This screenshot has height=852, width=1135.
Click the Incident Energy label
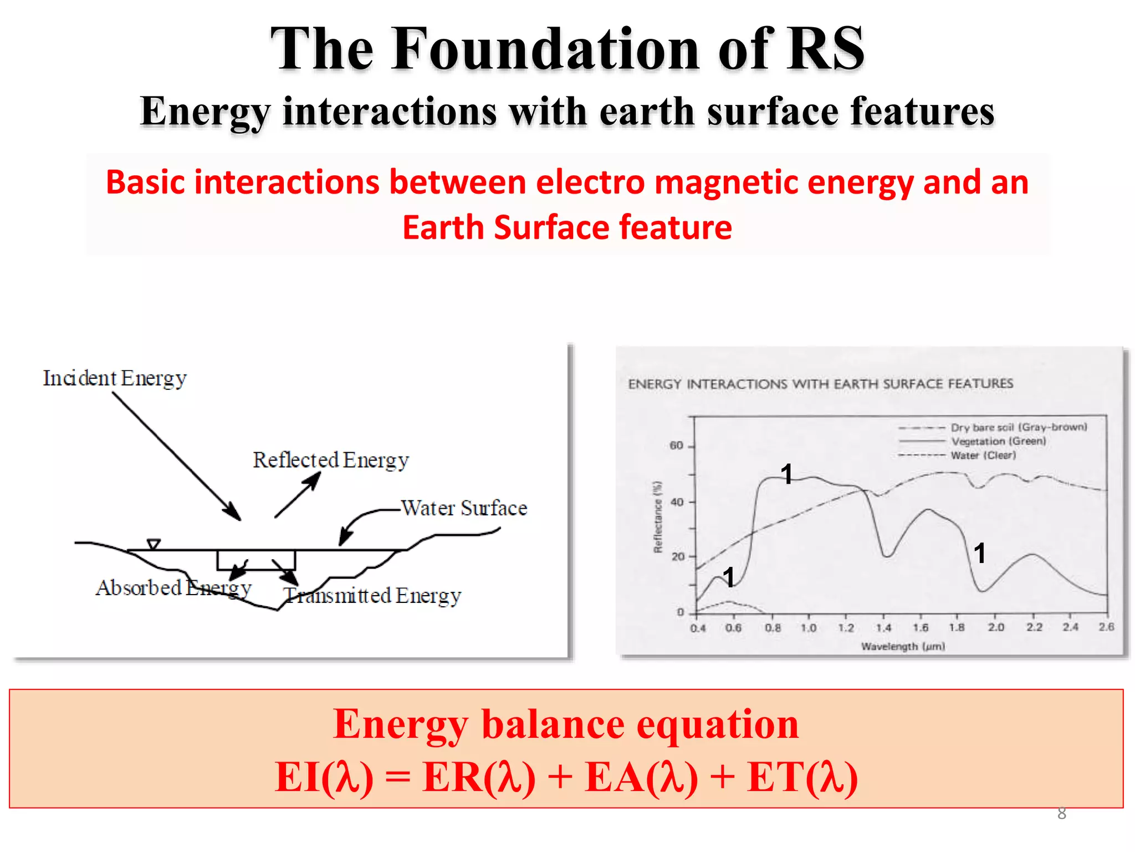click(115, 378)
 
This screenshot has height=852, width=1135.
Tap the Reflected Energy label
click(331, 460)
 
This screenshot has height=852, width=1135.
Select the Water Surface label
click(464, 508)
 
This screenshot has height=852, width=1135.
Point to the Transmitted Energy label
click(372, 595)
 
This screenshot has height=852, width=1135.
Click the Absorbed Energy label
click(173, 587)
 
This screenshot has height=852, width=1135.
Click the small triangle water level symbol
click(154, 544)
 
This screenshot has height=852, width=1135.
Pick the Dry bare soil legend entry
click(1019, 427)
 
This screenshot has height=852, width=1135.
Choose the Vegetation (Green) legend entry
click(998, 441)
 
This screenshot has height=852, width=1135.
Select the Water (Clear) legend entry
click(983, 455)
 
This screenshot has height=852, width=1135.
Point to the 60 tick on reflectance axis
click(677, 445)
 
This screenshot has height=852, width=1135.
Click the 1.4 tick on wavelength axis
click(883, 627)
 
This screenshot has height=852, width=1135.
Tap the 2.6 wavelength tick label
click(1106, 627)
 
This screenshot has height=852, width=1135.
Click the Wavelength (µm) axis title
click(903, 646)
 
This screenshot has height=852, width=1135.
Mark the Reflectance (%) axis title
click(658, 517)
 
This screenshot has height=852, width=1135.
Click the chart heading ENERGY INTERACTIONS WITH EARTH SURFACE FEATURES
click(820, 384)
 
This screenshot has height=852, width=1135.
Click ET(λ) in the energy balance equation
click(802, 777)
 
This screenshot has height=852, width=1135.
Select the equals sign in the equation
click(398, 777)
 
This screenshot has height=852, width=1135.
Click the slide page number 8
click(1061, 814)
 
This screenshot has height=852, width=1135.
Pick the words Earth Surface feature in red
click(567, 227)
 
